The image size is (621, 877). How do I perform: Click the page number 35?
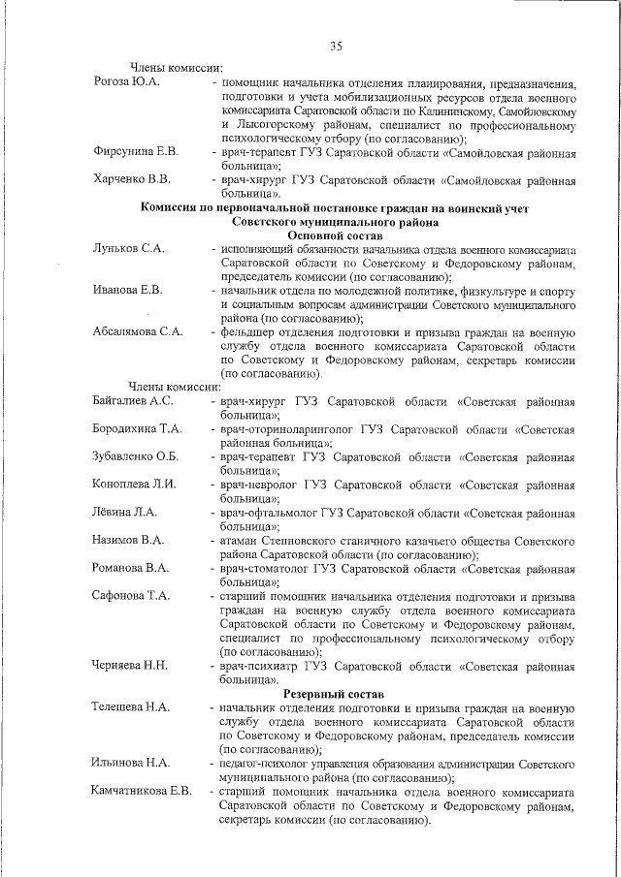[336, 46]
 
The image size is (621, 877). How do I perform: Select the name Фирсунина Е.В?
[135, 151]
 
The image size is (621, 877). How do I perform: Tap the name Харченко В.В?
[132, 179]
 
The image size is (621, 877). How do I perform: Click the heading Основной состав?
[336, 235]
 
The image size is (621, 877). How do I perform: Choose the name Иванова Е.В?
[127, 290]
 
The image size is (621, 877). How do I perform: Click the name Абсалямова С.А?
[138, 331]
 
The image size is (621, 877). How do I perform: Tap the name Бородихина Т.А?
[137, 428]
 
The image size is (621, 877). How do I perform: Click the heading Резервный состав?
[334, 694]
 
